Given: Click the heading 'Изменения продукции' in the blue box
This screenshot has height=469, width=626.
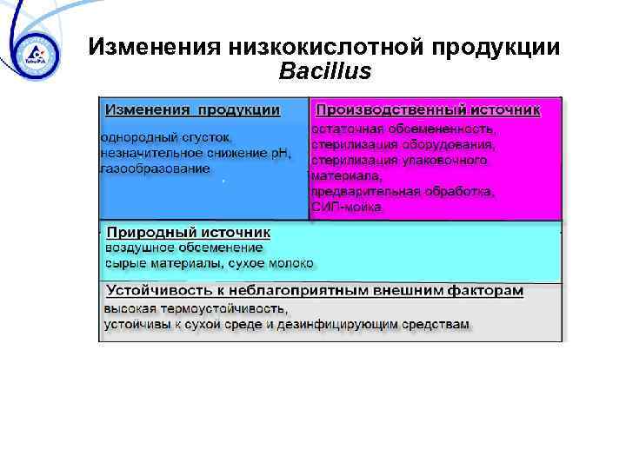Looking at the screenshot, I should point(192,110).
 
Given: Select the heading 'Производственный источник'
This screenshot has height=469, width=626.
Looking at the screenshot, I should point(427,110).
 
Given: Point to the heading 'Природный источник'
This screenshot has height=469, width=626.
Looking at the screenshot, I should point(188,233).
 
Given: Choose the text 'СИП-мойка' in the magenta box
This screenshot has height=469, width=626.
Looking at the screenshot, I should point(347,207).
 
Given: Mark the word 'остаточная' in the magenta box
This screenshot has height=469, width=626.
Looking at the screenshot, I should point(344,129).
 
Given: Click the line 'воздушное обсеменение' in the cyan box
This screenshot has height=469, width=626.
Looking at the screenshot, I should point(183,248).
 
